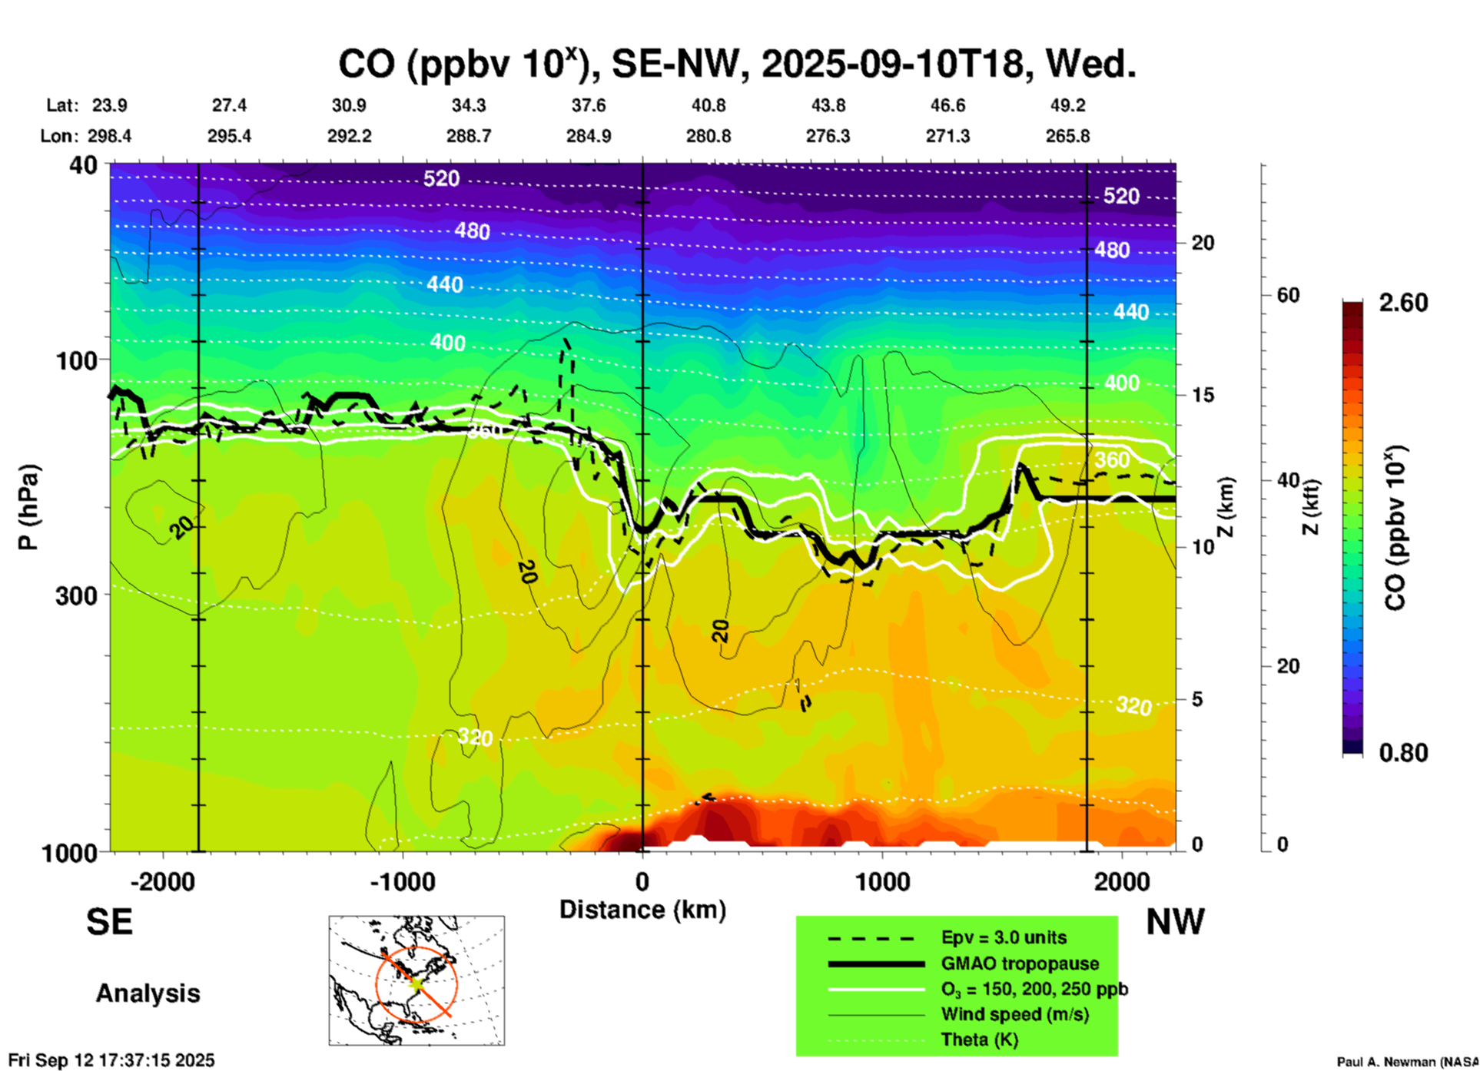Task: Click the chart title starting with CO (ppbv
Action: pyautogui.click(x=736, y=65)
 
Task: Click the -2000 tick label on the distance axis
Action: pyautogui.click(x=163, y=881)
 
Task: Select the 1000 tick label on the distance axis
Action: pyautogui.click(x=882, y=881)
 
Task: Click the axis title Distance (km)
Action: pyautogui.click(x=642, y=910)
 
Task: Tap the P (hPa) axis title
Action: pyautogui.click(x=28, y=507)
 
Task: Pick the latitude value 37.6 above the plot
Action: pyautogui.click(x=589, y=105)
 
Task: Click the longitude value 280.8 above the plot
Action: pyautogui.click(x=708, y=136)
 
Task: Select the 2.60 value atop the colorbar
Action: pyautogui.click(x=1403, y=303)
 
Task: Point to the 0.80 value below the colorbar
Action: pyautogui.click(x=1403, y=752)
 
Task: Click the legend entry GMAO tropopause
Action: pyautogui.click(x=1020, y=963)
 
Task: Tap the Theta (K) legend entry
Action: pyautogui.click(x=979, y=1039)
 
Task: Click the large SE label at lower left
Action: pyautogui.click(x=109, y=922)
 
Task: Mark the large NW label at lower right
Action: pyautogui.click(x=1175, y=922)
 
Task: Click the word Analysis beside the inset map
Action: pyautogui.click(x=148, y=993)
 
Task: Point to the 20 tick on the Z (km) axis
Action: pyautogui.click(x=1203, y=243)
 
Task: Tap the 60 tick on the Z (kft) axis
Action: pyautogui.click(x=1288, y=295)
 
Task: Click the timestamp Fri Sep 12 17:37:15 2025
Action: pyautogui.click(x=111, y=1060)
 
